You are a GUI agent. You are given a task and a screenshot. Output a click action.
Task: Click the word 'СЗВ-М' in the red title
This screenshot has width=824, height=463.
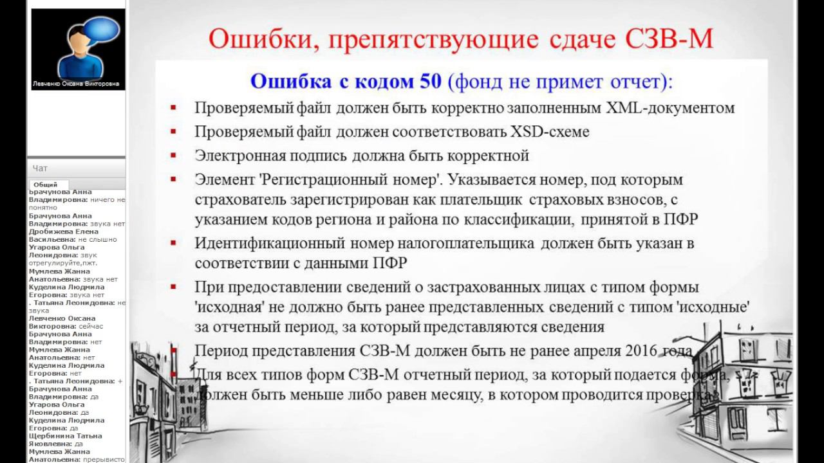pos(669,39)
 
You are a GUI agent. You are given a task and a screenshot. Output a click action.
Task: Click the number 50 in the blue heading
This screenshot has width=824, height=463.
pos(430,81)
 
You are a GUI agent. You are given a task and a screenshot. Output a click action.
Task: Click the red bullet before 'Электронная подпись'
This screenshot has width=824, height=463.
pos(174,156)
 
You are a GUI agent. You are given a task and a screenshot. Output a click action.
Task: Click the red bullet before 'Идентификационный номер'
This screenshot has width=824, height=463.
pos(174,244)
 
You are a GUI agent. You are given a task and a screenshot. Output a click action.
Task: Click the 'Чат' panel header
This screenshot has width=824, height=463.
pos(41,168)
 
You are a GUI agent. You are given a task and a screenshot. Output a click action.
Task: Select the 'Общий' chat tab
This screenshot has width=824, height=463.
pos(45,185)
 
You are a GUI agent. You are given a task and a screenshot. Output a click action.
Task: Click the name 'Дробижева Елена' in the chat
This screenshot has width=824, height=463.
pos(63,232)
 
